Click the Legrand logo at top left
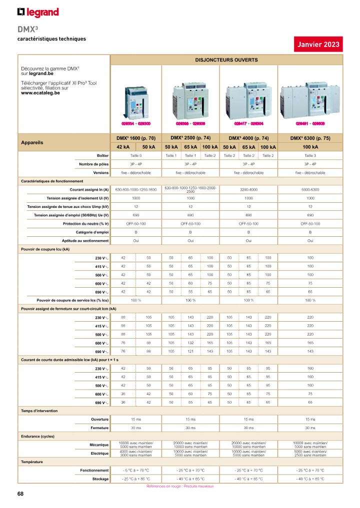[38, 12]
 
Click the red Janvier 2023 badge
[318, 44]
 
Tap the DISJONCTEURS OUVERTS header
[226, 60]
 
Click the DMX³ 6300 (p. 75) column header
[310, 138]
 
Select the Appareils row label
[32, 142]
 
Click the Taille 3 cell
[310, 156]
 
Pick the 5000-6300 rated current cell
[310, 190]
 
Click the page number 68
[20, 494]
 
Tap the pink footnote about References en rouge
[180, 486]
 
